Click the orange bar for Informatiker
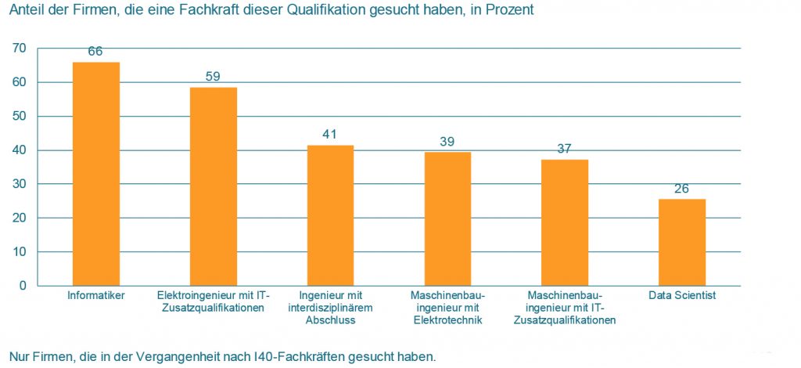(x=95, y=174)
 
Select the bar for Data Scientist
(x=682, y=242)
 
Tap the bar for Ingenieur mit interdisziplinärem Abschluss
(x=330, y=215)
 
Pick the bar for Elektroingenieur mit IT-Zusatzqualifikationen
(x=213, y=186)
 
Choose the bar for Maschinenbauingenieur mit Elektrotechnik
(x=447, y=218)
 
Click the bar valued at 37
(x=565, y=222)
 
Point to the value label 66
(x=95, y=52)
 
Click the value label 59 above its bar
(x=213, y=77)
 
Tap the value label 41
(x=330, y=135)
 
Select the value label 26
(x=682, y=189)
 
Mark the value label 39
(x=447, y=142)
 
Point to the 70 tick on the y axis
(x=20, y=49)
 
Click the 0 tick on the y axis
(x=23, y=286)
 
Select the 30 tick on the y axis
(x=20, y=184)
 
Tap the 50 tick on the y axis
(x=20, y=117)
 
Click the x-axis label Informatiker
(x=96, y=296)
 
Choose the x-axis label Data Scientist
(x=682, y=296)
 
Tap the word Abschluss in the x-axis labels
(x=331, y=319)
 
